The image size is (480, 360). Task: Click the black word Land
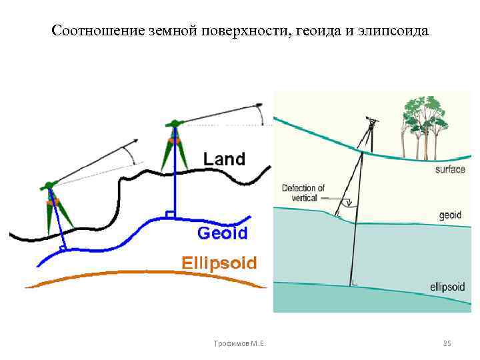coord(224,159)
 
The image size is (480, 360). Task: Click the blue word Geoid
coord(223,233)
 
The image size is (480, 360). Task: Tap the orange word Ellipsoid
coord(219,262)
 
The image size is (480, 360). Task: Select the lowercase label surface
coord(450,169)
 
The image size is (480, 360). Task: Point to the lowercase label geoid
coord(451,215)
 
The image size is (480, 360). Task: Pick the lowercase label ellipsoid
coord(447,288)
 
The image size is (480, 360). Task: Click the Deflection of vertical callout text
coord(303,193)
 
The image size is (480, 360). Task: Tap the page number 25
coord(447,343)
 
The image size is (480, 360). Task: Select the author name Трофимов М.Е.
coord(237,343)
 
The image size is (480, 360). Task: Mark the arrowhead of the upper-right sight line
coord(259,105)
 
